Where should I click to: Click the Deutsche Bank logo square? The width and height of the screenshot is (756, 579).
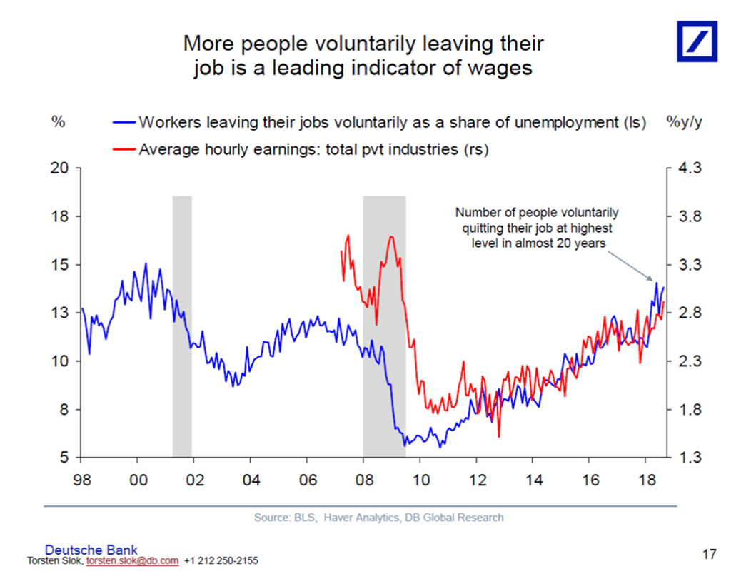point(697,41)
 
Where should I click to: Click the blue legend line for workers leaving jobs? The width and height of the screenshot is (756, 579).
point(124,121)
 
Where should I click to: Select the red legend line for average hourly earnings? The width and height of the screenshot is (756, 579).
point(124,150)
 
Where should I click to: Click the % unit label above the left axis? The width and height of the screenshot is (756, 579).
point(59,121)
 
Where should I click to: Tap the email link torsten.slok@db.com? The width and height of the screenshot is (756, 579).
point(132,561)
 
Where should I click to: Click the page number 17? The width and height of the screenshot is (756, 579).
point(709,553)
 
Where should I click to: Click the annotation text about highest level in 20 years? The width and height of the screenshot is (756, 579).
point(538,228)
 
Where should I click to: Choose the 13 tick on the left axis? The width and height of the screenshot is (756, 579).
point(59,313)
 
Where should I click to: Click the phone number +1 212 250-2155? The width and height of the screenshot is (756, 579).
point(221,561)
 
